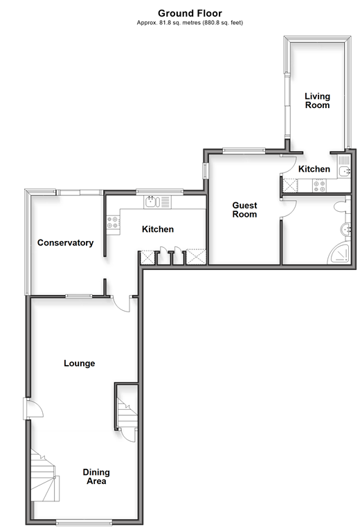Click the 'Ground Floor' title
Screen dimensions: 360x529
tap(190, 13)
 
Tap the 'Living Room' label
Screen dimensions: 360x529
tap(317, 100)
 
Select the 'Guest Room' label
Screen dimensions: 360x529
tap(244, 210)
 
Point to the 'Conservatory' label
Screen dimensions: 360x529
tap(66, 242)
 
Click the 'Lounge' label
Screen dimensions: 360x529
tap(80, 364)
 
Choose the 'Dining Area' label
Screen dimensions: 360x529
tap(96, 476)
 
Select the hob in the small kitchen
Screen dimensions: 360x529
tap(319, 186)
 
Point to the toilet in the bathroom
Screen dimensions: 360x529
tap(341, 206)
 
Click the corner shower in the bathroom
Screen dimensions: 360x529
tap(339, 253)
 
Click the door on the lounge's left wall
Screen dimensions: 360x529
tap(33, 409)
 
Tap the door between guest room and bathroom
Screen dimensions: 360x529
tap(289, 208)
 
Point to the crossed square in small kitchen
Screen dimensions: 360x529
tap(291, 186)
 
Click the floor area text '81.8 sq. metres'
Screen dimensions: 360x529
tap(180, 23)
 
